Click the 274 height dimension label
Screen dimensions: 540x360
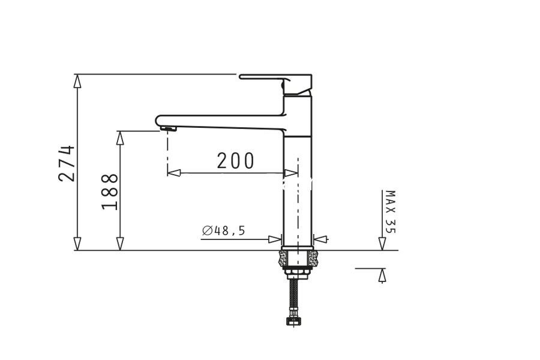tap(67, 163)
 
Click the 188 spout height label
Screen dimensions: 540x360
tap(110, 191)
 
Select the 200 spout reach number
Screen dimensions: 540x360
tap(236, 161)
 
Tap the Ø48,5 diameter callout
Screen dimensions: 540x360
tap(224, 230)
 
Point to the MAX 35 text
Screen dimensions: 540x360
tap(391, 212)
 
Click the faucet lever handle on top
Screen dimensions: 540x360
tap(275, 83)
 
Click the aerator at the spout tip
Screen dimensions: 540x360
tap(169, 129)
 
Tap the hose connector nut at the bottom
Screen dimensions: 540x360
tap(293, 322)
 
